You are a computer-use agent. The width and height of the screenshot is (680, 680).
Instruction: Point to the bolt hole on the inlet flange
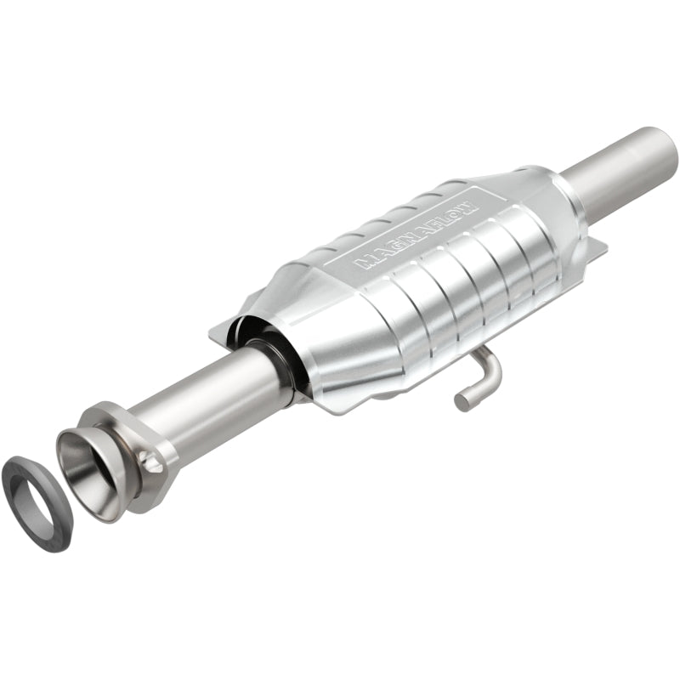[151, 464]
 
